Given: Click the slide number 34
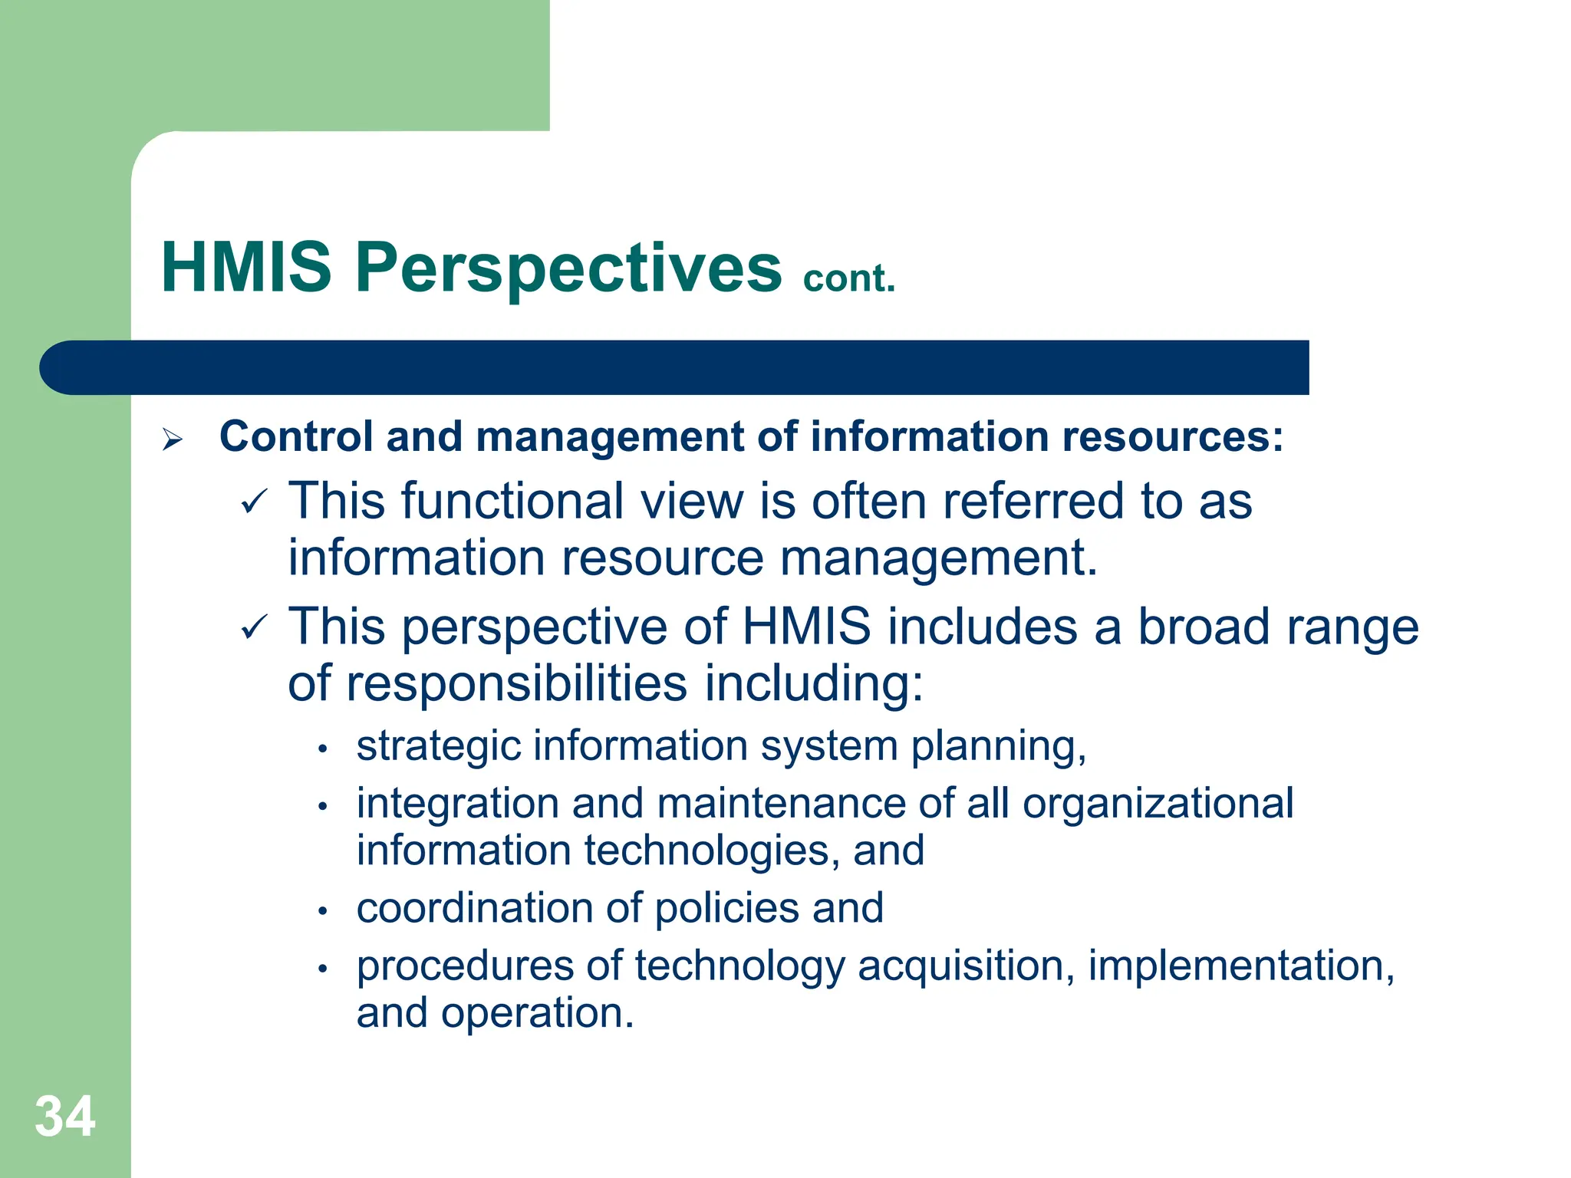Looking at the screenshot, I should (65, 1116).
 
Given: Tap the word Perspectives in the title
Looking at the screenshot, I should (568, 268).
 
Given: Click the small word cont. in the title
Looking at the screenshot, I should (849, 278).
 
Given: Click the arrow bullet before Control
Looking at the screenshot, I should (173, 439).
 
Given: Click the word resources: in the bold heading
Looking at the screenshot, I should (1173, 437).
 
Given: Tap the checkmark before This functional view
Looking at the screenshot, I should (254, 502).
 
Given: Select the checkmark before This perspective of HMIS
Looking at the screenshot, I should (254, 628).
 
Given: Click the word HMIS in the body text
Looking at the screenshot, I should (806, 627).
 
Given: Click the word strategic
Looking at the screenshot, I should (439, 746).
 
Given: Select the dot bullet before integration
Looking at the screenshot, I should (324, 806).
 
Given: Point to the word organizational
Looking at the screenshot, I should (1158, 804).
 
